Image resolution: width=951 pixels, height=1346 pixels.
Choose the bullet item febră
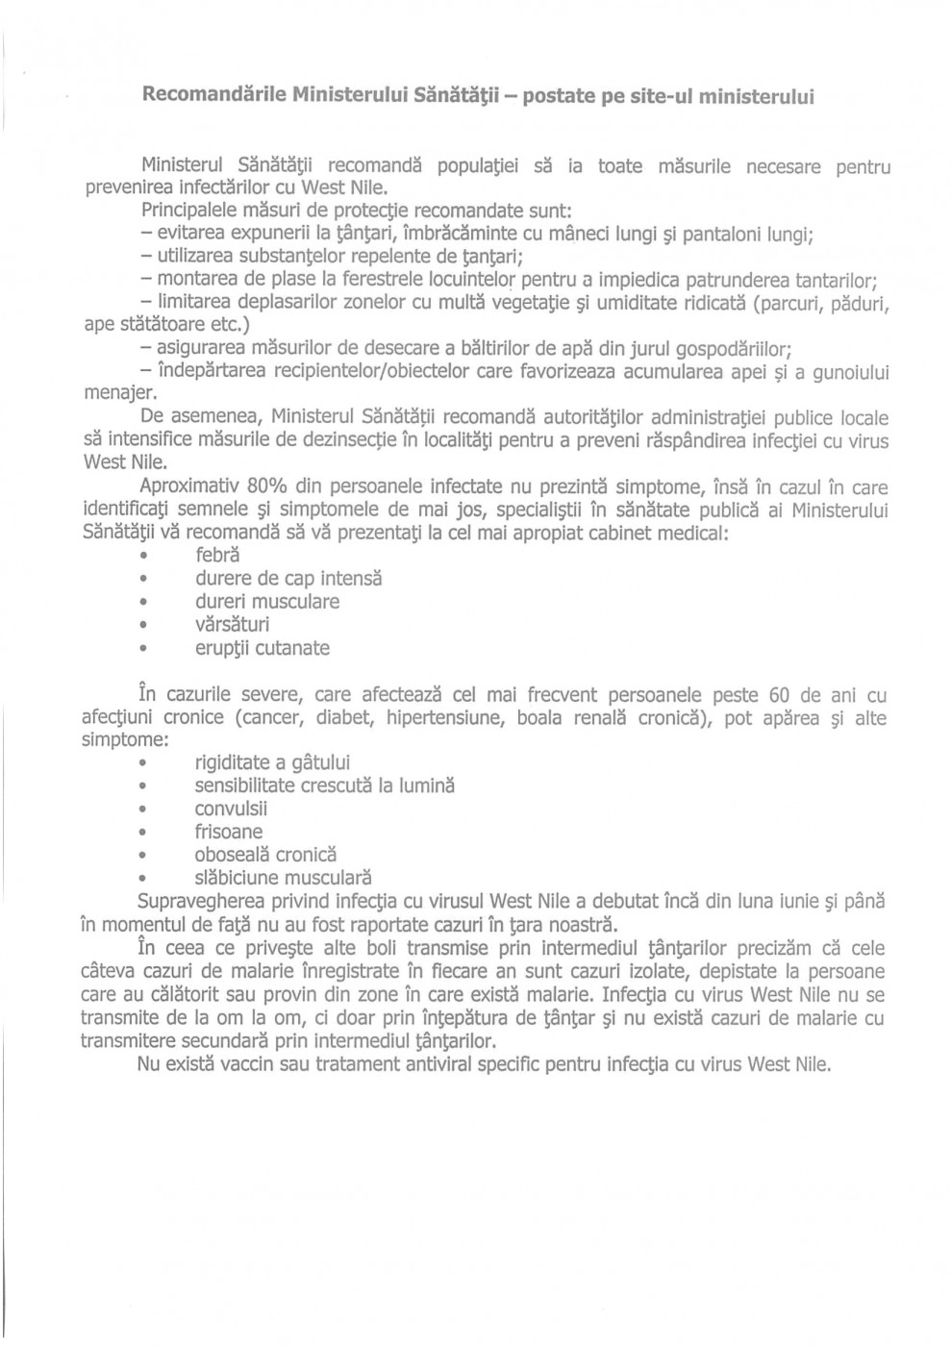[x=217, y=555]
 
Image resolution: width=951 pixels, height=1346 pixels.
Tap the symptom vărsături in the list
[x=232, y=625]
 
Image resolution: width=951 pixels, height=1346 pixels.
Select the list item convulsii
[x=231, y=809]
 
